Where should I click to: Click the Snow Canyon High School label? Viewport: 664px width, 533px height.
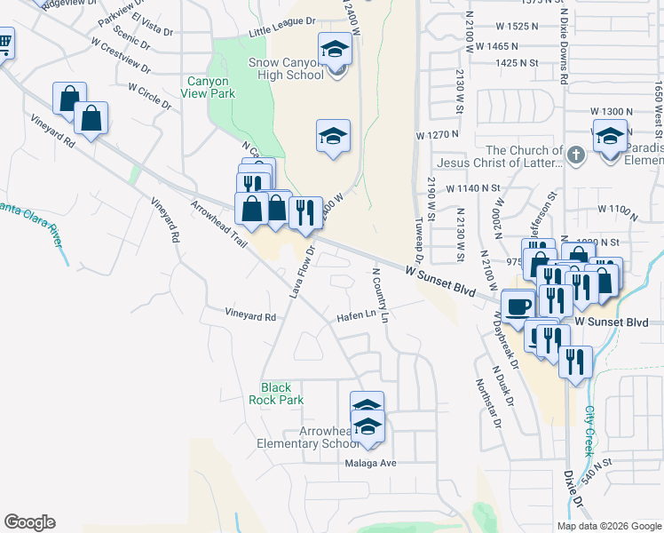pyautogui.click(x=292, y=68)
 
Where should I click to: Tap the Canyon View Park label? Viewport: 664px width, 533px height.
pyautogui.click(x=210, y=87)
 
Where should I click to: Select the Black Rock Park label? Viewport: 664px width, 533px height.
pyautogui.click(x=282, y=394)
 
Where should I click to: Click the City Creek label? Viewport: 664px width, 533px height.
pyautogui.click(x=589, y=431)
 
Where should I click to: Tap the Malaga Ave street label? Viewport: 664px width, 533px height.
pyautogui.click(x=370, y=463)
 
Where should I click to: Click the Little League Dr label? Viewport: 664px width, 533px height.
pyautogui.click(x=282, y=30)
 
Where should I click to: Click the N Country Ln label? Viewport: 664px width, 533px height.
pyautogui.click(x=381, y=295)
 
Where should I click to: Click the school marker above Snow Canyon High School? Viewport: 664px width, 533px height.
pyautogui.click(x=335, y=49)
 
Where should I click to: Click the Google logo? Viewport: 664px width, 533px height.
pyautogui.click(x=29, y=522)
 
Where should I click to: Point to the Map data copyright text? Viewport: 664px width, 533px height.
pyautogui.click(x=608, y=526)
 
